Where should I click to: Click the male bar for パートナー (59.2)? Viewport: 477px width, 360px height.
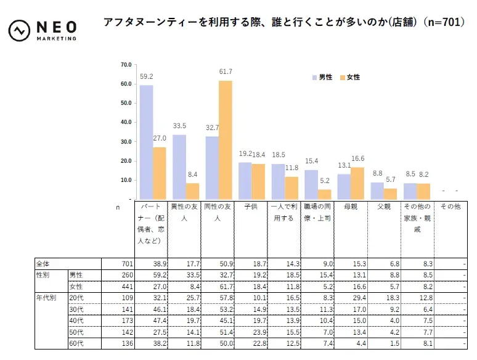pos(146,142)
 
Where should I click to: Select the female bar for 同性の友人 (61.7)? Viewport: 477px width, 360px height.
pos(226,140)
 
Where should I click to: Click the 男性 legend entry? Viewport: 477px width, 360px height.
pos(322,77)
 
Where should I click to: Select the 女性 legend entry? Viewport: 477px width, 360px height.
pos(350,77)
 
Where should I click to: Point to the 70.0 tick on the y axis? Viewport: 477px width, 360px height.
pos(126,64)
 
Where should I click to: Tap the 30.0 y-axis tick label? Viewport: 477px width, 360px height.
pos(126,141)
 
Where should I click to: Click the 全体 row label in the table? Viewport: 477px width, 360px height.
pos(44,264)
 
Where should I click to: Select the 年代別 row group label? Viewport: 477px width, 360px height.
pos(46,297)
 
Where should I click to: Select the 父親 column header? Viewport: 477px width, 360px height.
pos(383,207)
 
